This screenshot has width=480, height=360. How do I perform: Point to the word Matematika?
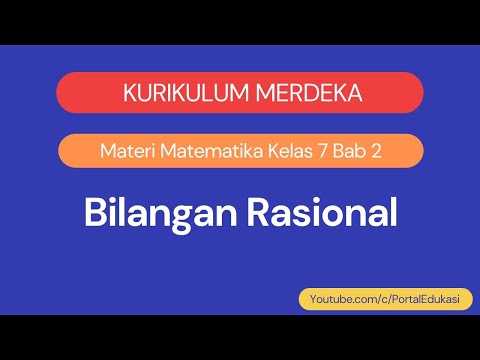coord(201,152)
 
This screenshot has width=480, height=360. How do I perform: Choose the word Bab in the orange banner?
coord(345,152)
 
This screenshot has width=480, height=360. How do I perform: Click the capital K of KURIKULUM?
coord(128,93)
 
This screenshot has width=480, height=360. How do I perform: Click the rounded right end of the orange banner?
coord(413,151)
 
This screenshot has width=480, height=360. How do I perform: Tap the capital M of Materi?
coord(108,152)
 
